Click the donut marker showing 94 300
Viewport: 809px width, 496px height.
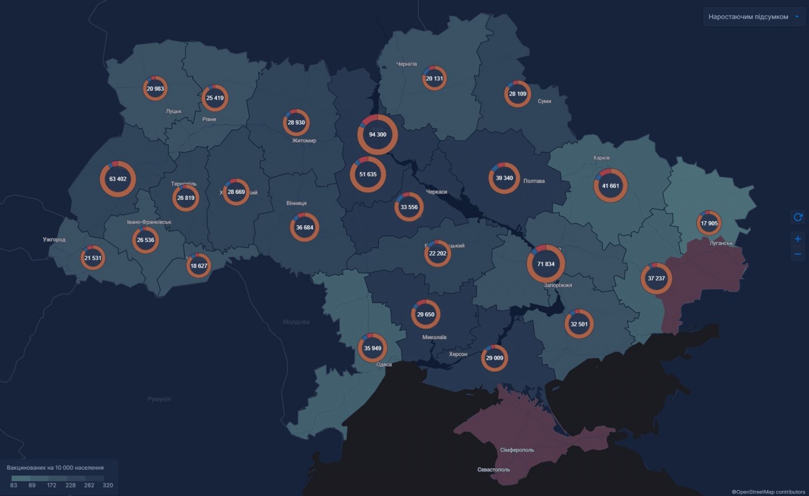pyautogui.click(x=378, y=135)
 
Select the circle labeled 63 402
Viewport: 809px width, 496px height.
pyautogui.click(x=118, y=179)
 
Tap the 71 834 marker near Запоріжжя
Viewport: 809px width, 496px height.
pyautogui.click(x=546, y=264)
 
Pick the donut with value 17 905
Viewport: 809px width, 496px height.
pyautogui.click(x=709, y=223)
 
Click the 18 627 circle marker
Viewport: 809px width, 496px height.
pyautogui.click(x=199, y=266)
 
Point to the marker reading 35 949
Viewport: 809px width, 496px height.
pyautogui.click(x=373, y=348)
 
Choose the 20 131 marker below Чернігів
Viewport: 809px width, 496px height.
pyautogui.click(x=434, y=78)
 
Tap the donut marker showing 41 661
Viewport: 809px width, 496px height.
pyautogui.click(x=610, y=186)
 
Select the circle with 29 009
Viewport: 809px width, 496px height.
pyautogui.click(x=495, y=358)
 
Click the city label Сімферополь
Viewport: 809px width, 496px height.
pyautogui.click(x=517, y=450)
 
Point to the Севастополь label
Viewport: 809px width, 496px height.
pyautogui.click(x=493, y=470)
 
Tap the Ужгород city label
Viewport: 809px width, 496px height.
pyautogui.click(x=54, y=239)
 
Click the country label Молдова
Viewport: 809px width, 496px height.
pyautogui.click(x=296, y=322)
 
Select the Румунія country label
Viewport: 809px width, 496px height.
pyautogui.click(x=159, y=399)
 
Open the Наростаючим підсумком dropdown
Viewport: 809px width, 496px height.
pyautogui.click(x=753, y=17)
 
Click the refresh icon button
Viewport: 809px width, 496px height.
pyautogui.click(x=798, y=217)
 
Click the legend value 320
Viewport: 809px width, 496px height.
pyautogui.click(x=108, y=485)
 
